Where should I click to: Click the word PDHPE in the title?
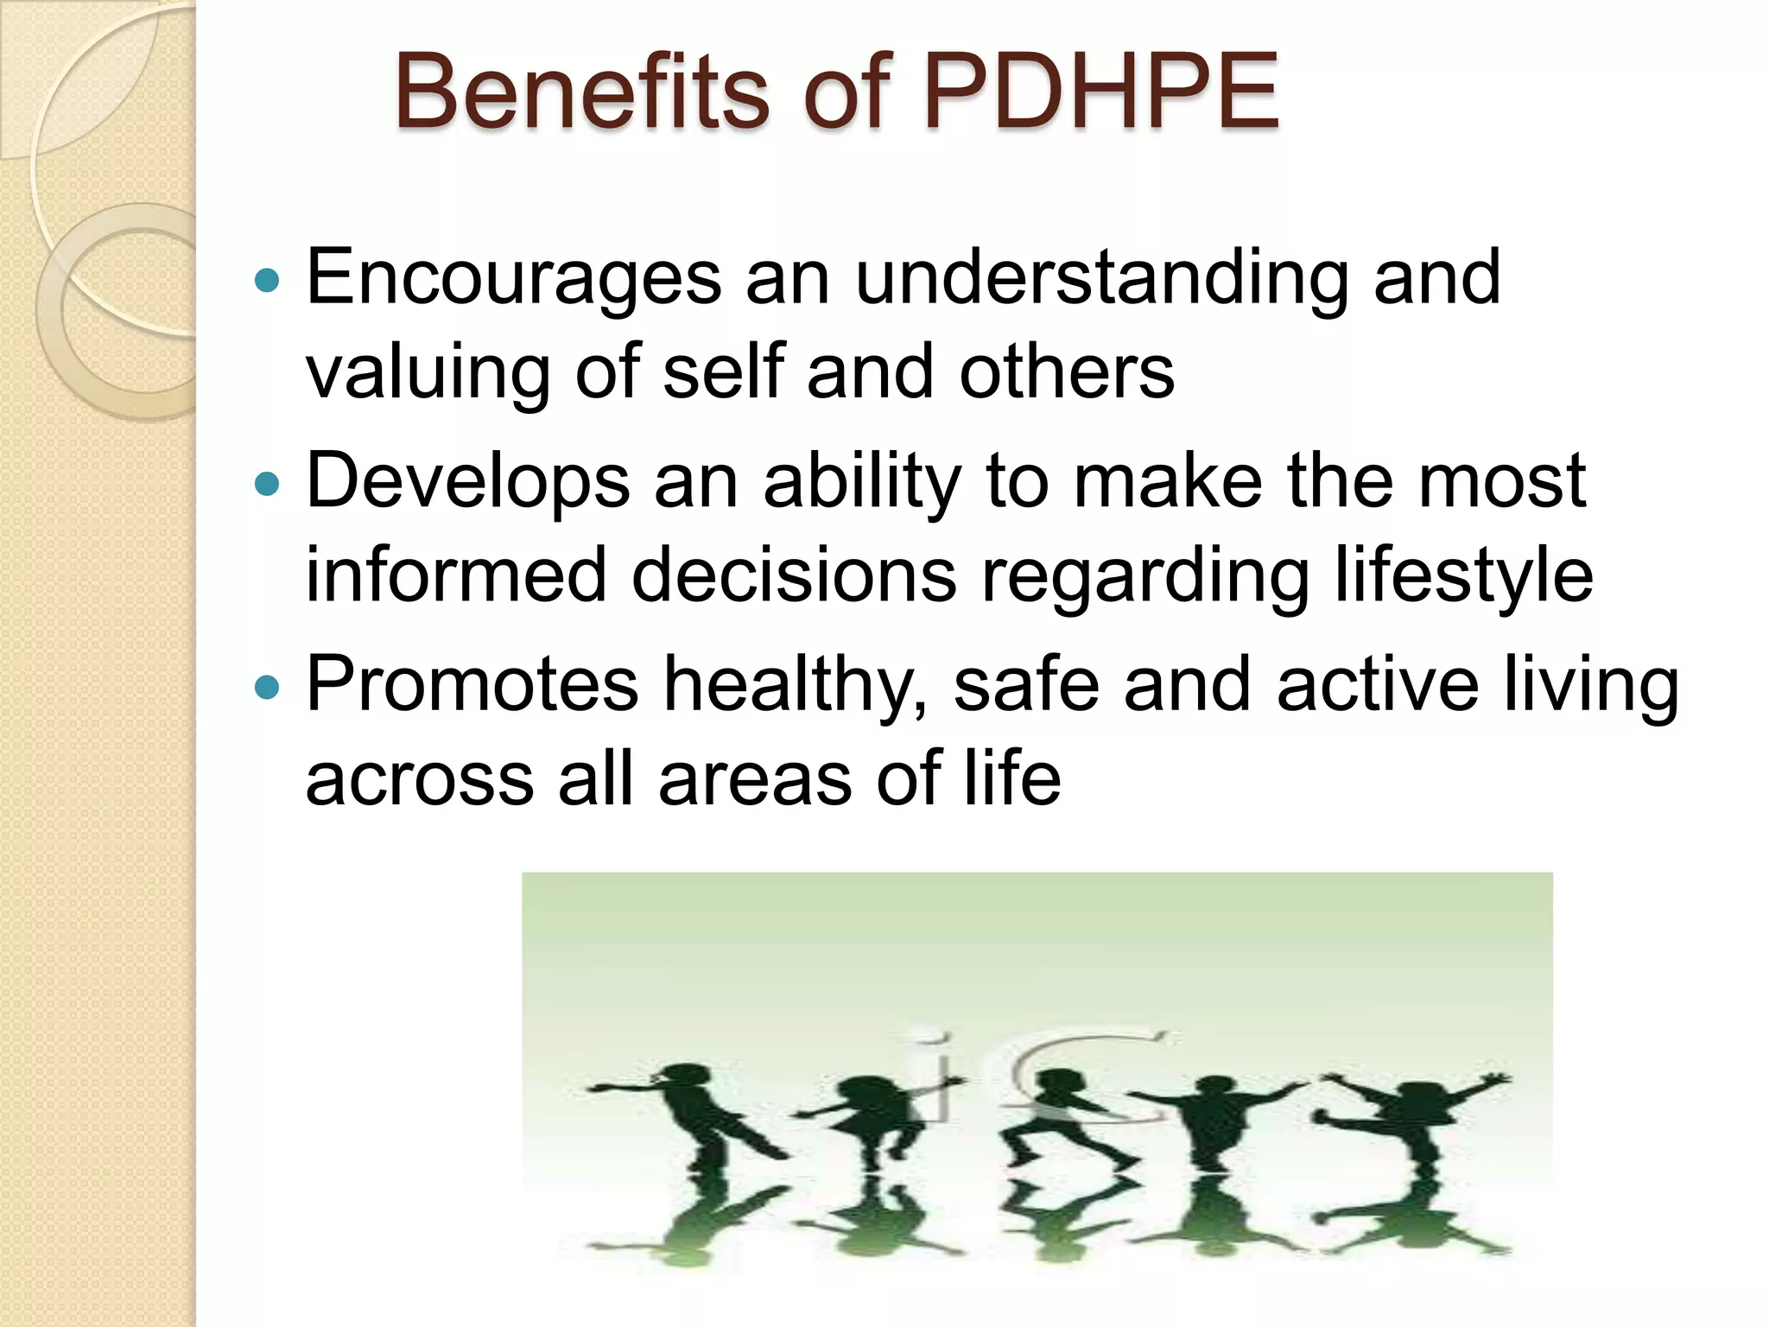(x=1100, y=92)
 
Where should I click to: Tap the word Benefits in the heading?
(x=581, y=92)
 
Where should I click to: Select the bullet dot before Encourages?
(x=269, y=280)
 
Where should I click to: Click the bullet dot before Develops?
(x=269, y=484)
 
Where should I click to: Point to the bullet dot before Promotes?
(x=269, y=688)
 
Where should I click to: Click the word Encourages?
(x=513, y=278)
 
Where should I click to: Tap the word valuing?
(x=428, y=373)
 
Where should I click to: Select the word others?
(x=1067, y=373)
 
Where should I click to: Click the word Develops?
(x=467, y=482)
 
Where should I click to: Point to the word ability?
(x=862, y=482)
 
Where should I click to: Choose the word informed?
(x=456, y=575)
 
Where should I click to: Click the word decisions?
(x=794, y=575)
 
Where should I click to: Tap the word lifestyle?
(x=1463, y=575)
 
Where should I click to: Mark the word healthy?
(x=795, y=686)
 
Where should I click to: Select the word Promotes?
(x=472, y=686)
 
